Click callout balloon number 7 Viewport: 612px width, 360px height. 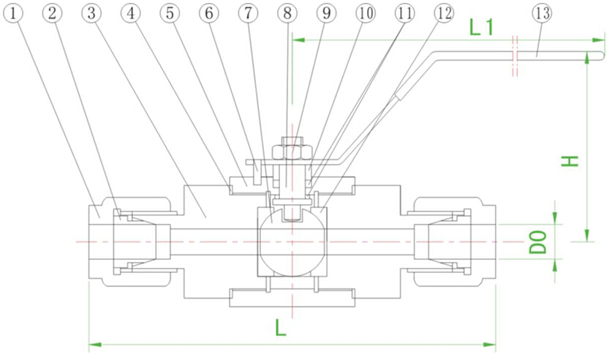(249, 12)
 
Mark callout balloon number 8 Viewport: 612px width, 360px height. (287, 12)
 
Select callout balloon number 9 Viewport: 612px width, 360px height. (326, 12)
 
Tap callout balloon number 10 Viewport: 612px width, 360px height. (365, 12)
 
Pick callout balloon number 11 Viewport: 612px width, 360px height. (404, 12)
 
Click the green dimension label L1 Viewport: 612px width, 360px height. (483, 28)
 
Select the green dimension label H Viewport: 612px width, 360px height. (570, 160)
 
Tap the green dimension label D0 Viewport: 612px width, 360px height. (539, 241)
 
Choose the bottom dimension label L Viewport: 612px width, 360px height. (281, 329)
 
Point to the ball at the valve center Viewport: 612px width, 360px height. (291, 240)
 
